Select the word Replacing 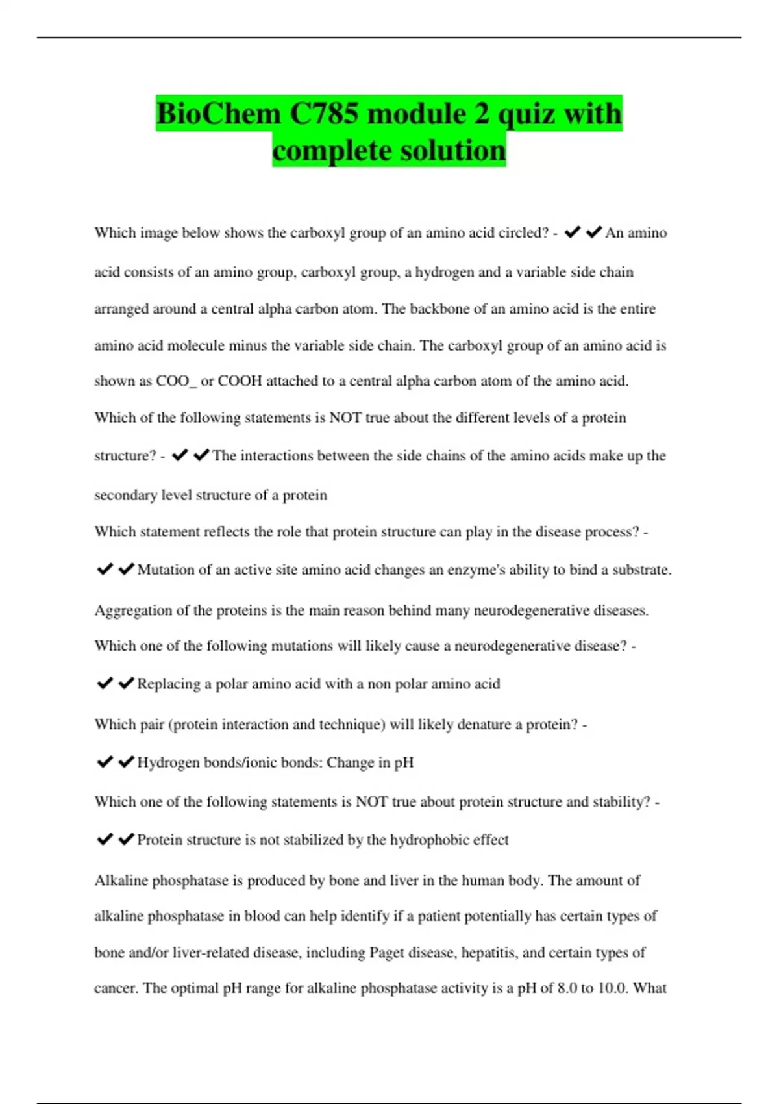pos(169,684)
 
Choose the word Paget pos(388,953)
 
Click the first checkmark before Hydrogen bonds pos(105,762)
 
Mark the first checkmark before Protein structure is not pos(105,839)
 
